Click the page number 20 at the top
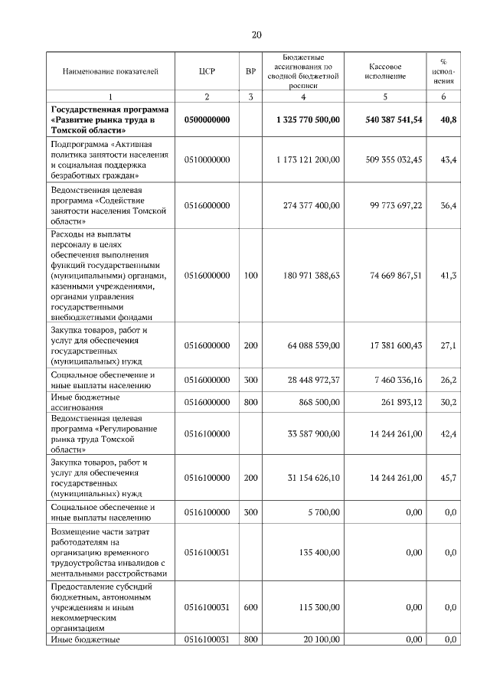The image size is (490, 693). pos(256,34)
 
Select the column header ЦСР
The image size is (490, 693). pos(207,72)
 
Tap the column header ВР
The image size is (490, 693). pos(250,72)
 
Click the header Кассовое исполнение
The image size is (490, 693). pos(385,72)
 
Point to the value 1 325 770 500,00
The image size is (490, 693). pos(308,120)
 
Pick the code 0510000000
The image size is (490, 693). pos(207,159)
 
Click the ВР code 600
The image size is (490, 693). pos(250,607)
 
